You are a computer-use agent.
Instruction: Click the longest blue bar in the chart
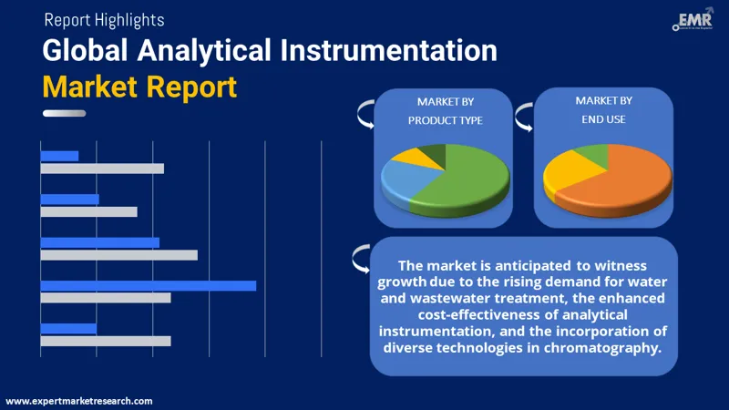148,285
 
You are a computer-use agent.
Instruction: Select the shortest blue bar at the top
59,156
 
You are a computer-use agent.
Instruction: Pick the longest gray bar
118,254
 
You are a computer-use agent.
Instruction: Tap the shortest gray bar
88,211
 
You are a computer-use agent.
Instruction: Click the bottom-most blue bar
68,328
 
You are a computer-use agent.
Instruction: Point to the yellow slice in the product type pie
406,157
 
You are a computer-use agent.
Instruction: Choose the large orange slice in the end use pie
620,178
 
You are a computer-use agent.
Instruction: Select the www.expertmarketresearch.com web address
79,401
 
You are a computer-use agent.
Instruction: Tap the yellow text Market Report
139,87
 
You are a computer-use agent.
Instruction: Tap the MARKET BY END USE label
602,109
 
